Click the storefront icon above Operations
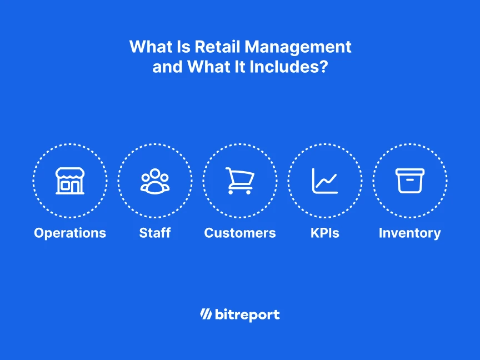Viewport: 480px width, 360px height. coord(70,181)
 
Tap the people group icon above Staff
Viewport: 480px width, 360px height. coord(155,181)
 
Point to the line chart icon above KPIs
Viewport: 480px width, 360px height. coord(325,181)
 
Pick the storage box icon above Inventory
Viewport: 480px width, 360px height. coord(410,181)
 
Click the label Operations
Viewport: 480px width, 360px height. coord(70,233)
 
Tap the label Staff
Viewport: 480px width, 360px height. coord(155,233)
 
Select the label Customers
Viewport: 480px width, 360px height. coord(240,233)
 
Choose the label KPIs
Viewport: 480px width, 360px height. coord(325,233)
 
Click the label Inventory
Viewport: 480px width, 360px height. coord(410,233)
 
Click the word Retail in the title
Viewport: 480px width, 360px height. coord(216,47)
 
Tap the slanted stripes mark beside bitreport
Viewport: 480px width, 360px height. coord(206,315)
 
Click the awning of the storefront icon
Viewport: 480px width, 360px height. coord(70,173)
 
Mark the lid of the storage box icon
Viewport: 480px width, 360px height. coord(410,172)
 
